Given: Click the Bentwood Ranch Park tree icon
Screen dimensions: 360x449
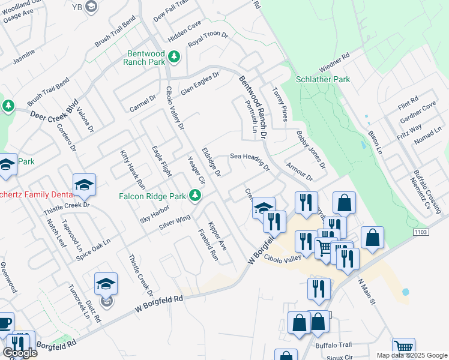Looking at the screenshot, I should (x=174, y=56).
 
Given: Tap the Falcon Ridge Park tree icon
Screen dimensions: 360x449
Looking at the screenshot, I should (x=194, y=195).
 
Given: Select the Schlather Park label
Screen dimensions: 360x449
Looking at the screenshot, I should (x=323, y=79).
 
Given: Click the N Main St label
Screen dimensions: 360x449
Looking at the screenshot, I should (x=366, y=292).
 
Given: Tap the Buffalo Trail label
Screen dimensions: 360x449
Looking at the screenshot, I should (x=333, y=345).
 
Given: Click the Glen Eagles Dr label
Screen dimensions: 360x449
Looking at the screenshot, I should (x=200, y=83).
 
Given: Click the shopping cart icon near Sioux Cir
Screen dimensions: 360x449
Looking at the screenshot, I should (x=403, y=346).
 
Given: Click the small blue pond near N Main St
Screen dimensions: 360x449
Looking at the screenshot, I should (x=405, y=292).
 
